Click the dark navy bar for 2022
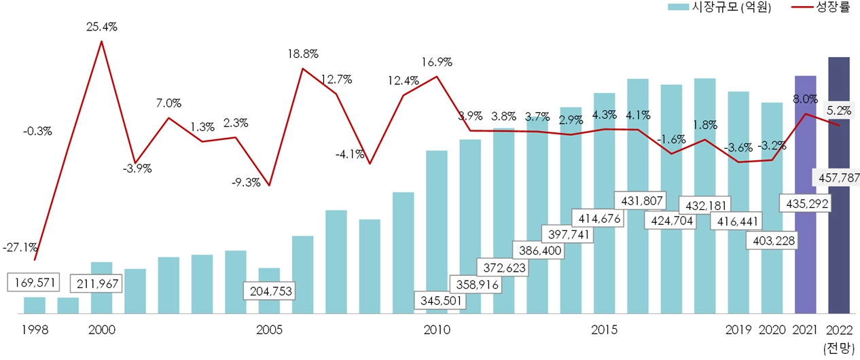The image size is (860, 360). [x=838, y=258]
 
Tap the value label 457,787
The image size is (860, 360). [x=838, y=178]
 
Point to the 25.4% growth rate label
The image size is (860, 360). [x=102, y=27]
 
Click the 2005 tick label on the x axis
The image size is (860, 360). [x=269, y=330]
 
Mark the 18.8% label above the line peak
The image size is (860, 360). [x=302, y=54]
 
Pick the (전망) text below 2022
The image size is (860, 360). [x=838, y=348]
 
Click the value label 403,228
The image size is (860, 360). [x=771, y=240]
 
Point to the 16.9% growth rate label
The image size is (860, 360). [x=437, y=62]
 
